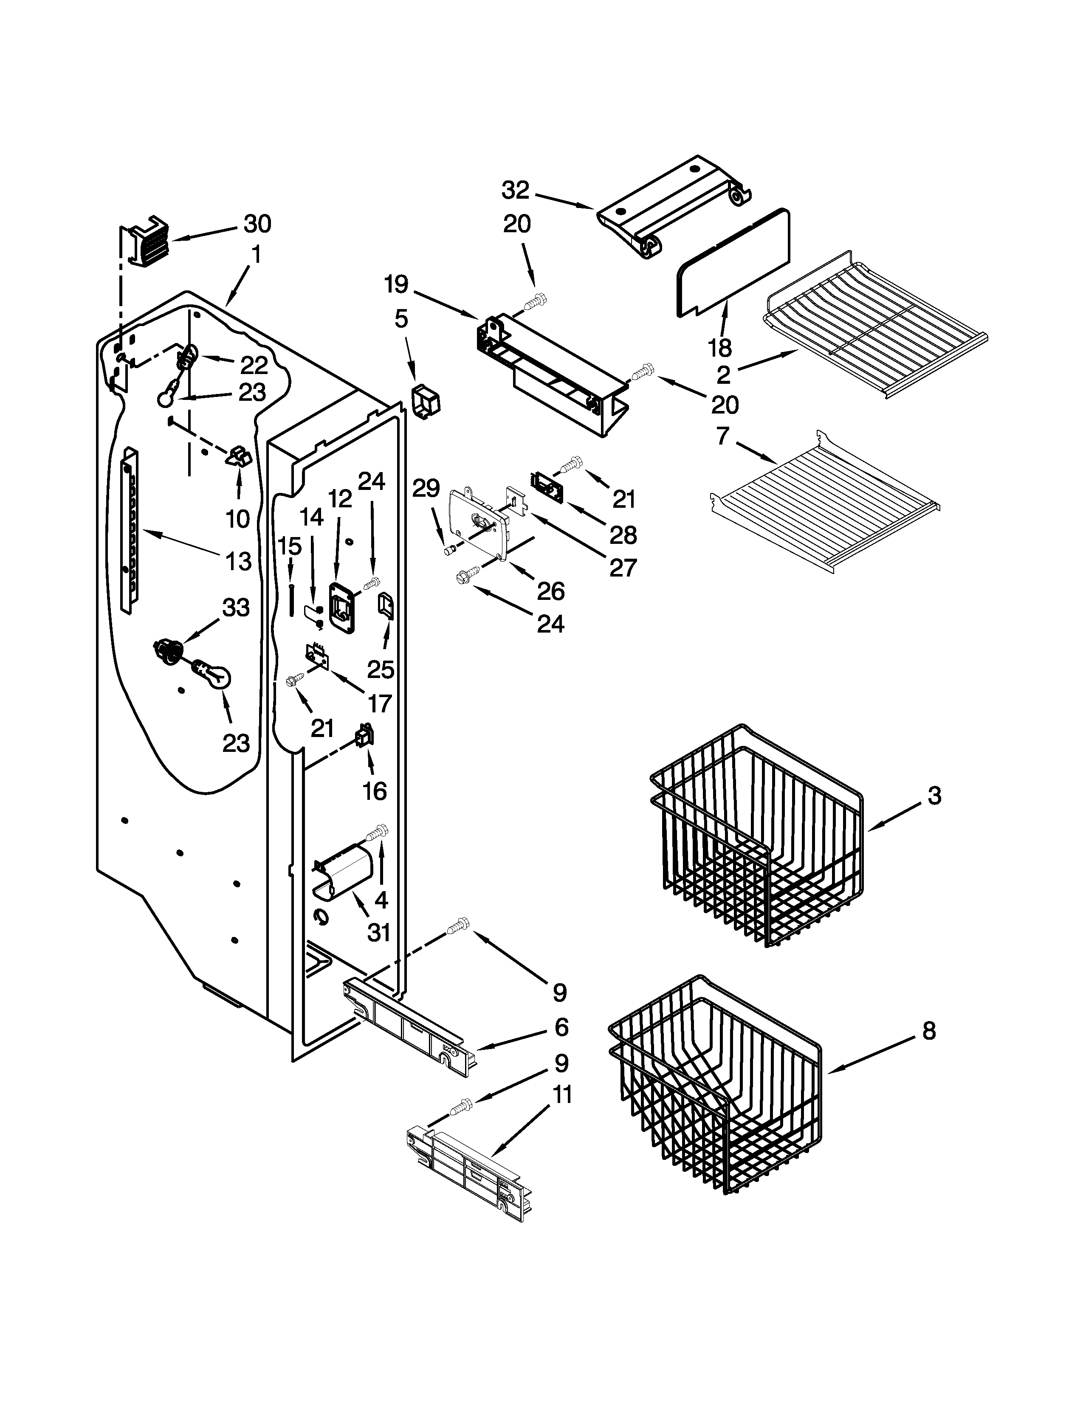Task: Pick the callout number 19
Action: pyautogui.click(x=396, y=284)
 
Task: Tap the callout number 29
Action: pyautogui.click(x=426, y=490)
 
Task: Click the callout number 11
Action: pyautogui.click(x=562, y=1095)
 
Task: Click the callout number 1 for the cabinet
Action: pyautogui.click(x=257, y=255)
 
